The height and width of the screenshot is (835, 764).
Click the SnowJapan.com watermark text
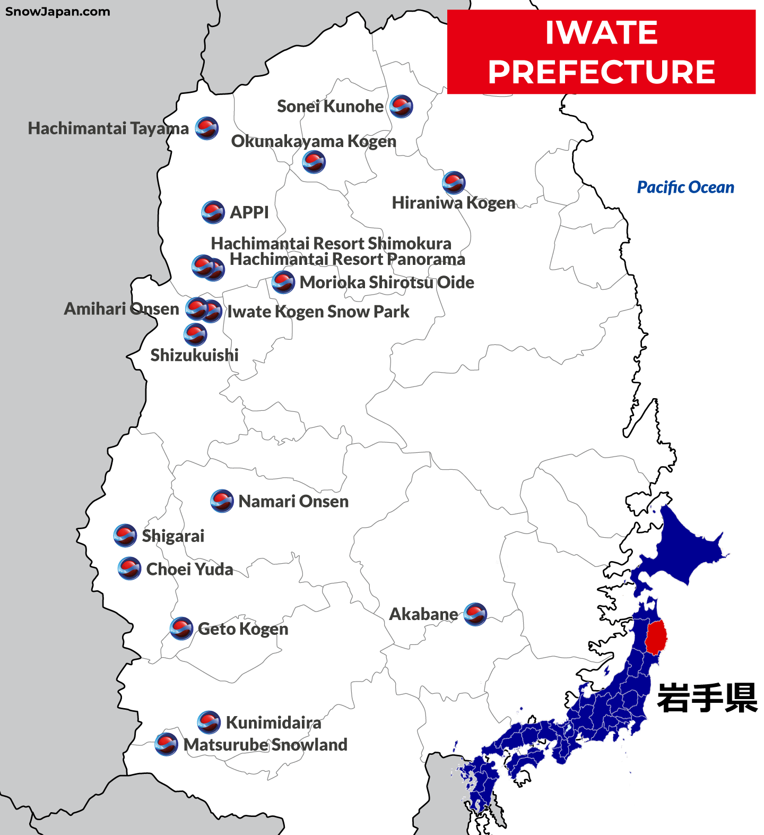tap(58, 12)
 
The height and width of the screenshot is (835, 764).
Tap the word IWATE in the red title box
tap(601, 33)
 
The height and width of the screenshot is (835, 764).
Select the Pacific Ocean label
tap(685, 187)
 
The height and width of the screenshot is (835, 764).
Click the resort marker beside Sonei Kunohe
tap(401, 106)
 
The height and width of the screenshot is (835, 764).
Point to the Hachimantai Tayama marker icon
tap(206, 128)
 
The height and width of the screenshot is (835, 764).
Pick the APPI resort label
tap(249, 212)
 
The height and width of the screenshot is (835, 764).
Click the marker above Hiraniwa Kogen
tap(454, 183)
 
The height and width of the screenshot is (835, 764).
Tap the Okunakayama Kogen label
tap(314, 141)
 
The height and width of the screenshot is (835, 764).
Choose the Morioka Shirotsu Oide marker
tap(283, 282)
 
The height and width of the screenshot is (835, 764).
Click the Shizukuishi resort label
tap(194, 355)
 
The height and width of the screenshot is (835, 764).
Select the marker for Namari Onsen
tap(222, 501)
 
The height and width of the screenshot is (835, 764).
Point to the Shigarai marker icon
tap(125, 536)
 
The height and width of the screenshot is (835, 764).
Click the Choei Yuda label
tap(189, 569)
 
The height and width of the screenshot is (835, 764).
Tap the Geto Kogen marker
tap(181, 629)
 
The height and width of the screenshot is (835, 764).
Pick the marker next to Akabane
tap(475, 614)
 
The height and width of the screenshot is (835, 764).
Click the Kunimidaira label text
tap(273, 722)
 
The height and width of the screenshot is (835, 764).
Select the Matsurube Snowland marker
tap(166, 744)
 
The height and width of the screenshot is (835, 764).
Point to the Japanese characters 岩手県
tap(707, 698)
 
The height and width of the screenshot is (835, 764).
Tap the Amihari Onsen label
tap(121, 309)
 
